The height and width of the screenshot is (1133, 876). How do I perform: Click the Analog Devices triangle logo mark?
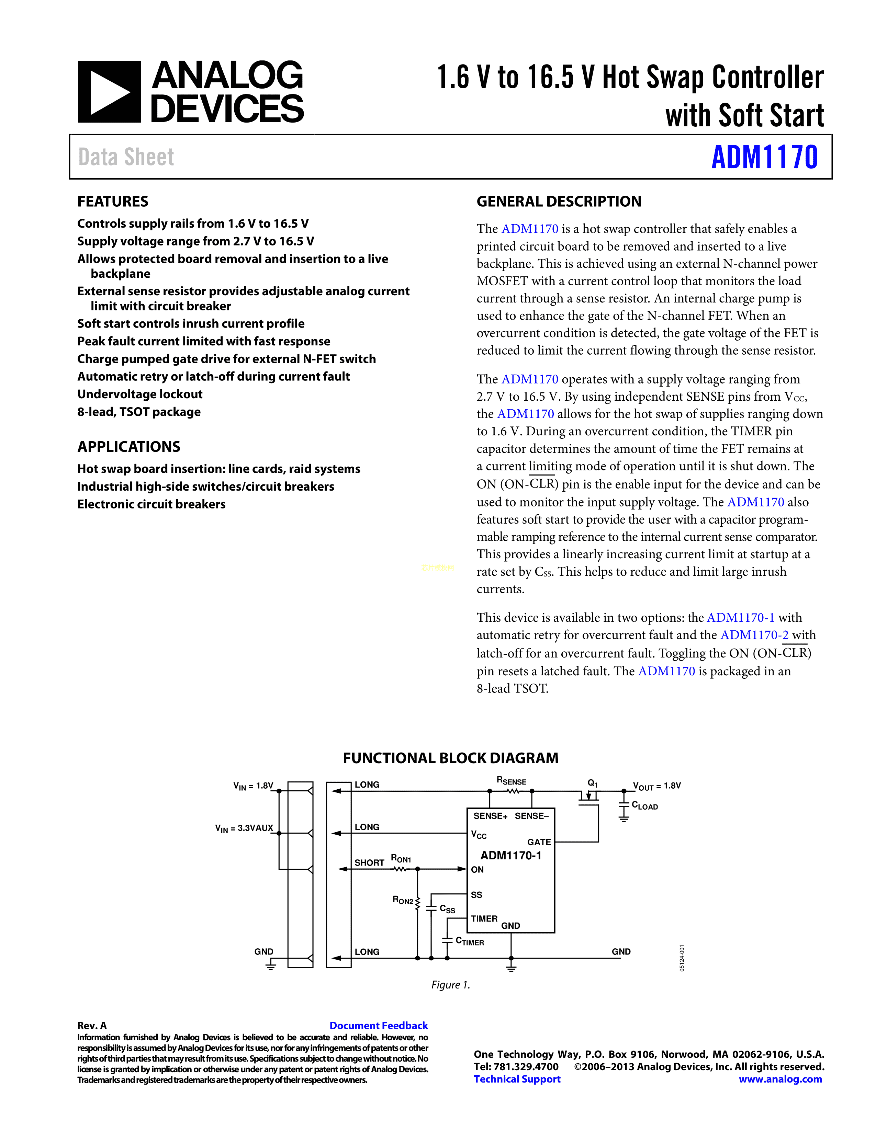[x=109, y=92]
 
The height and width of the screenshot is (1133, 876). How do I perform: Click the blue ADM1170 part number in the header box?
[x=764, y=157]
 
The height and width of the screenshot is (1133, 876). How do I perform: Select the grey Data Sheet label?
[x=126, y=157]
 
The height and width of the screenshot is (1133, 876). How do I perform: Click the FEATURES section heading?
[x=113, y=201]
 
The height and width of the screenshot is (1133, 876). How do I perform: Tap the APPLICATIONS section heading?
[x=129, y=447]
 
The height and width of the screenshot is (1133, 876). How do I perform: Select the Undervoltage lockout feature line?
[x=139, y=394]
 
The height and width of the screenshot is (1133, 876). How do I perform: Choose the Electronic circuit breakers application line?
[x=151, y=504]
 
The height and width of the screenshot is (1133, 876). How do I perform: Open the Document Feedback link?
[x=378, y=1026]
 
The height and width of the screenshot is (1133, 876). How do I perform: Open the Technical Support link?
[x=517, y=1079]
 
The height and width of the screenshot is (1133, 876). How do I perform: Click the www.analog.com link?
[x=780, y=1079]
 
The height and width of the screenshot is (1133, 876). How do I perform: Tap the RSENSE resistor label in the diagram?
[x=511, y=781]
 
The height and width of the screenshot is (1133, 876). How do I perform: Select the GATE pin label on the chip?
[x=539, y=842]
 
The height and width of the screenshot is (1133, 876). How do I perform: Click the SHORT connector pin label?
[x=369, y=863]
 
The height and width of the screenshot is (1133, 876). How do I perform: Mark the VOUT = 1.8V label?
[x=656, y=786]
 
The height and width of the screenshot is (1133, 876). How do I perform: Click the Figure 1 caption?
[x=450, y=985]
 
